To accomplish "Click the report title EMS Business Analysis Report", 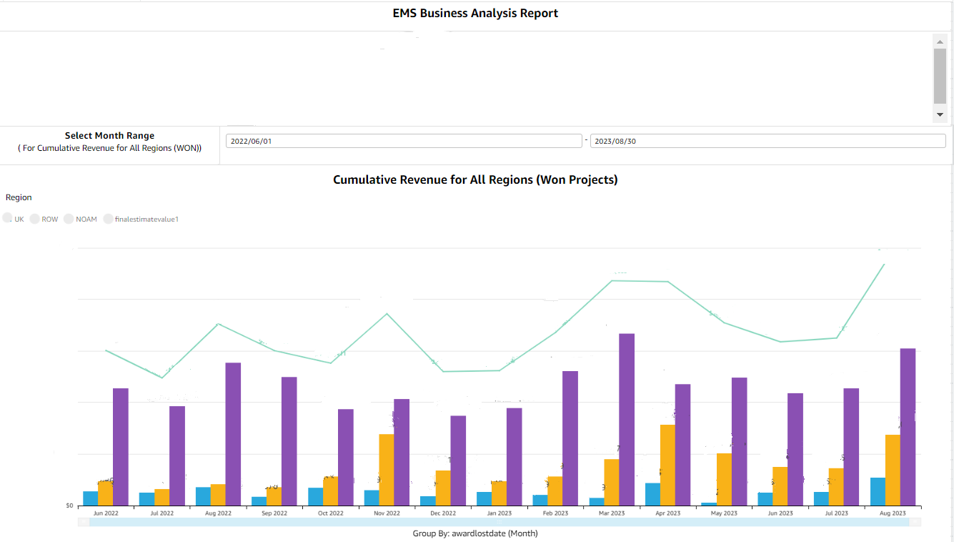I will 475,13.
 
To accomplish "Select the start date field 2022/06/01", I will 404,141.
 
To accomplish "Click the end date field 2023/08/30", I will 767,141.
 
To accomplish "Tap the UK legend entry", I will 14,219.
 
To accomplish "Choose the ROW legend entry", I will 44,219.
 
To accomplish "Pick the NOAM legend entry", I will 81,219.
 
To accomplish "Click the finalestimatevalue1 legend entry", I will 141,219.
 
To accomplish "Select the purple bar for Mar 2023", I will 627,419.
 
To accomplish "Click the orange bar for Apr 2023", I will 667,465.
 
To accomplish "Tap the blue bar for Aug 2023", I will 878,491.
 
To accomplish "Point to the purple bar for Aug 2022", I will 233,434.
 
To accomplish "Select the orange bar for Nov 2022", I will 387,469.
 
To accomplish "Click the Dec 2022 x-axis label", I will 443,513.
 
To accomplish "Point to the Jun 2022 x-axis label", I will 106,513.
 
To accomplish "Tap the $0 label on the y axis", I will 69,506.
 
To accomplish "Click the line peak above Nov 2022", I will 387,314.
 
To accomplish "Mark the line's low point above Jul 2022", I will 162,378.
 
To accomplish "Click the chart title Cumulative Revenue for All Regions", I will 475,180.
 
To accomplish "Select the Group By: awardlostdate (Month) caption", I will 475,533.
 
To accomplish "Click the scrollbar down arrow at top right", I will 940,114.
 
